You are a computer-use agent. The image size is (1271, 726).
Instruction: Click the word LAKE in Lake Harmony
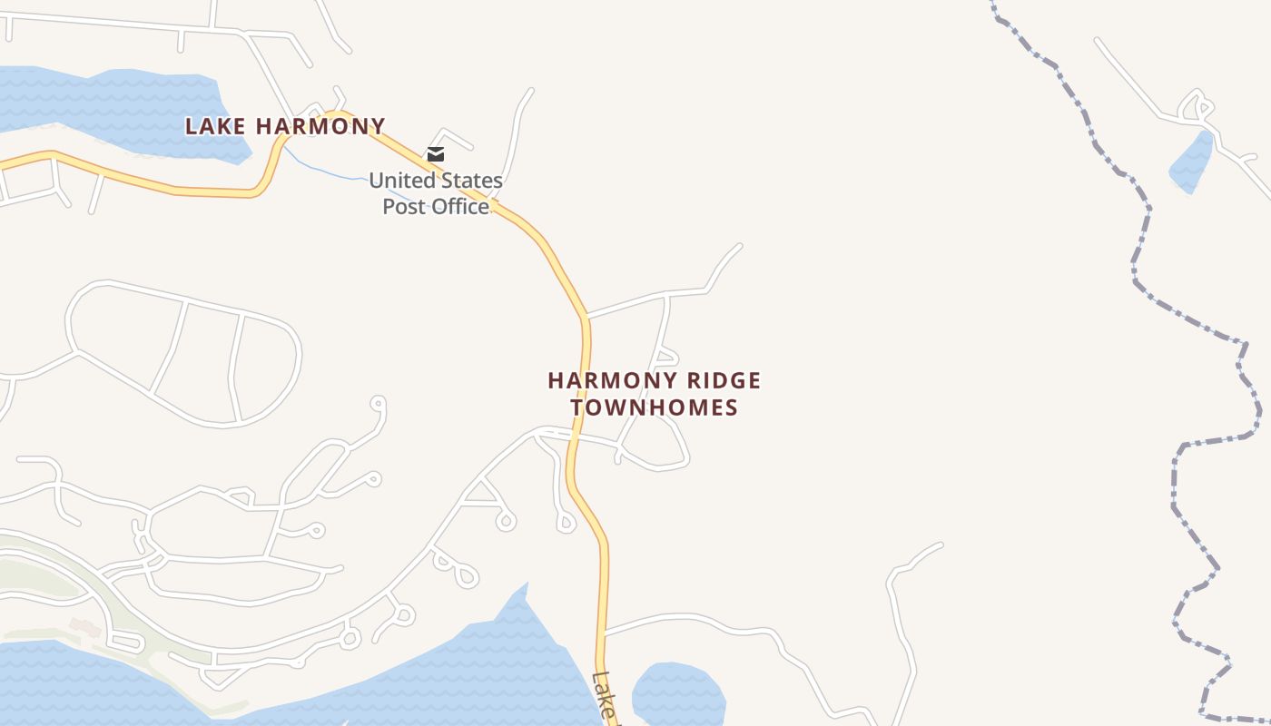pyautogui.click(x=215, y=126)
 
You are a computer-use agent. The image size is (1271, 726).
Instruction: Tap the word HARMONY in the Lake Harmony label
pyautogui.click(x=320, y=126)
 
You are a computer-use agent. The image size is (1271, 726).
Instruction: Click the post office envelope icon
pyautogui.click(x=436, y=154)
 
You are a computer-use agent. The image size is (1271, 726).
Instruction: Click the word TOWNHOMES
pyautogui.click(x=655, y=407)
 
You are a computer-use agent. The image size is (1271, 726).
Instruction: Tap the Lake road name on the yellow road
pyautogui.click(x=603, y=695)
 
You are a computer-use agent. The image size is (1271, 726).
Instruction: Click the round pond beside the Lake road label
pyautogui.click(x=677, y=695)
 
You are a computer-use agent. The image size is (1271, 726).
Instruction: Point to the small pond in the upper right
pyautogui.click(x=1192, y=163)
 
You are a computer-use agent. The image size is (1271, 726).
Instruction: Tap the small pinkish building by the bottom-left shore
pyautogui.click(x=84, y=627)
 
